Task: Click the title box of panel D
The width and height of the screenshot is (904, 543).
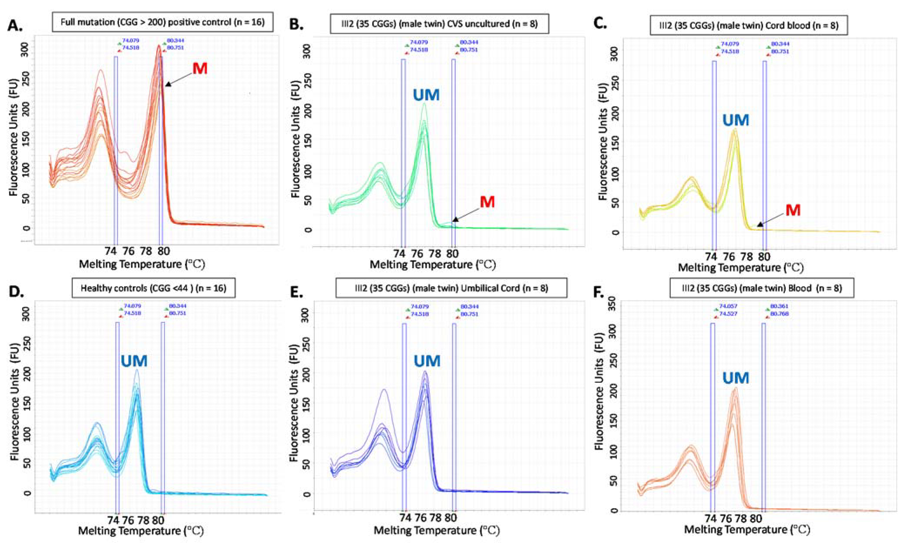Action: coord(153,288)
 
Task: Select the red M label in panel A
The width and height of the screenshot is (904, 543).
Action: coord(200,69)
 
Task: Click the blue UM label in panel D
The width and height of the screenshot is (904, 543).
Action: coord(134,361)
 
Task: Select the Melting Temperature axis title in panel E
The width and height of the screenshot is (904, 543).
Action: coord(436,530)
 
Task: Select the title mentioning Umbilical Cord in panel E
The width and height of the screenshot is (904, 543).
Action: coord(451,288)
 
